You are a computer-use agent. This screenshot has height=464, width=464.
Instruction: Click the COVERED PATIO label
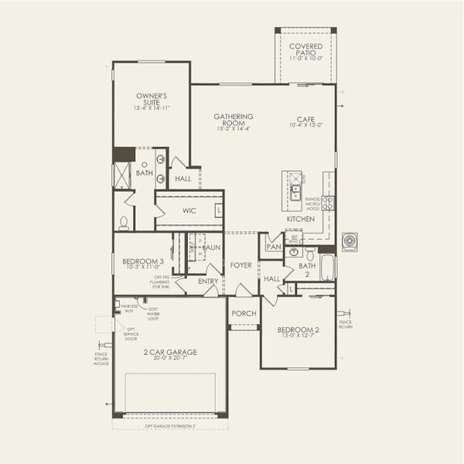coord(306,51)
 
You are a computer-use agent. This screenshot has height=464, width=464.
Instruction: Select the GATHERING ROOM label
coord(234,120)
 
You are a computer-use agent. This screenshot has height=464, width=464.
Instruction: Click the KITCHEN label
coord(301,220)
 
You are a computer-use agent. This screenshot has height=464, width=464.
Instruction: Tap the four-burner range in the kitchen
coord(329,203)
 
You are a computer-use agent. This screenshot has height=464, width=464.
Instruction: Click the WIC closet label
coord(189,210)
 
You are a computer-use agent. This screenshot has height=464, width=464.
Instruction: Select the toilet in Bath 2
coord(309,254)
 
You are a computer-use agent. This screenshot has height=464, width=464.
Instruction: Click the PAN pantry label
coord(273,247)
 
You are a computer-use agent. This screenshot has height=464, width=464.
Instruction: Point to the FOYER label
coord(241,265)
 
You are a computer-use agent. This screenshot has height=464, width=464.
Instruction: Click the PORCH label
coord(244,314)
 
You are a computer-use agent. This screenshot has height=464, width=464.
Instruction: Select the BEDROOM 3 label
coord(143,263)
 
